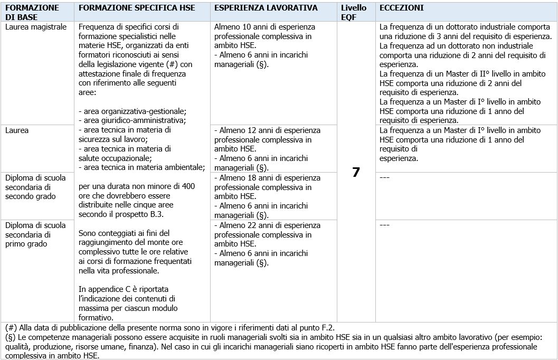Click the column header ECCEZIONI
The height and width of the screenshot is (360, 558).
402,8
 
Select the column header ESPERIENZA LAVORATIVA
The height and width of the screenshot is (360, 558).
266,8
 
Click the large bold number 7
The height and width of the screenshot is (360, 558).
356,173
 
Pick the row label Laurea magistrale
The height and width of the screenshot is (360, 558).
36,27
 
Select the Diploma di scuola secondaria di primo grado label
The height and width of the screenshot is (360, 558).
35,234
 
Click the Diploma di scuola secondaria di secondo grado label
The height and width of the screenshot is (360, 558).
35,187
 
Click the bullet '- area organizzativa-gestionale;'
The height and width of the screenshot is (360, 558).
132,111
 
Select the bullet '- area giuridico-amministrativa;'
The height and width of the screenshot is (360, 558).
132,120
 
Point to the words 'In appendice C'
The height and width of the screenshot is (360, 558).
103,289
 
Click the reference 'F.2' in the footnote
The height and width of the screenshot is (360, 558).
327,327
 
